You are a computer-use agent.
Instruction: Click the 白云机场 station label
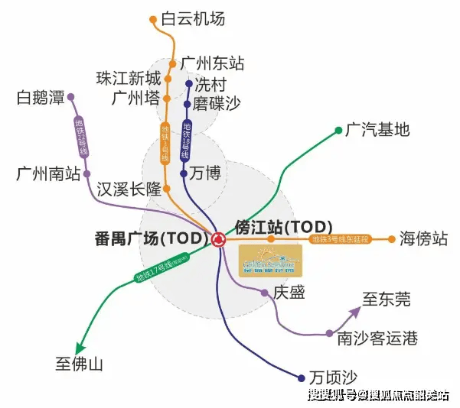193,18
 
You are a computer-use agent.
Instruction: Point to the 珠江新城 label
129,79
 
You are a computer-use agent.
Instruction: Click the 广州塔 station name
136,99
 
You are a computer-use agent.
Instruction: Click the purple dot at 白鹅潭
71,98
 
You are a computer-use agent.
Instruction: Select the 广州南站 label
48,174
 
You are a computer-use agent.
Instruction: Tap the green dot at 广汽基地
338,130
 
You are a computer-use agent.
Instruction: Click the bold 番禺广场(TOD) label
146,238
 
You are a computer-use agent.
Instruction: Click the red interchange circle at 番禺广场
220,239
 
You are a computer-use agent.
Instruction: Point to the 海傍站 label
423,239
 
